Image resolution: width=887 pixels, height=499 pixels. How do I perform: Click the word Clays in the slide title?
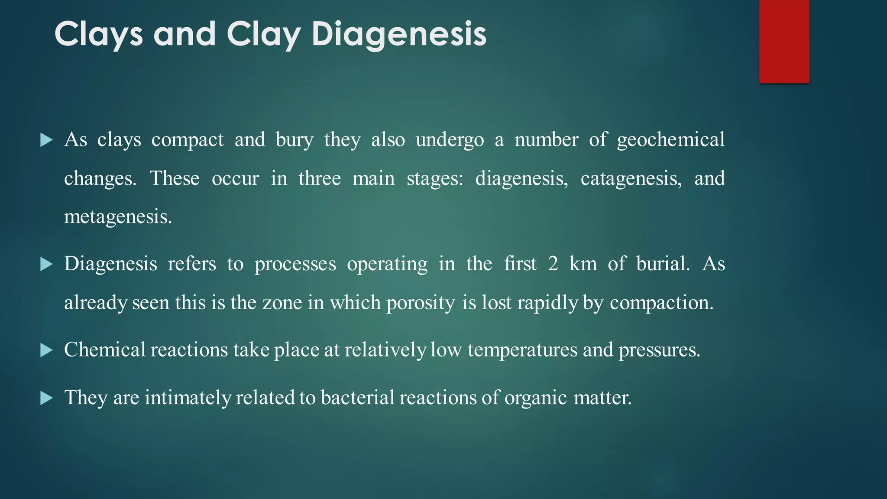click(x=98, y=34)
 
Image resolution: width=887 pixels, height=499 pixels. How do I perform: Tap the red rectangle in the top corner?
click(x=784, y=41)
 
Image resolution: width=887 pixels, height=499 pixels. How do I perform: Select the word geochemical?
click(x=670, y=140)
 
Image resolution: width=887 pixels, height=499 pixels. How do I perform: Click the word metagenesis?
click(x=118, y=217)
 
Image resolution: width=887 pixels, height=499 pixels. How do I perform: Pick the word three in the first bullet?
click(x=320, y=178)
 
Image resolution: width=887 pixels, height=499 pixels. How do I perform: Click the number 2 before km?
click(x=553, y=264)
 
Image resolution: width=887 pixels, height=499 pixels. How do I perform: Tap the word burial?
click(x=663, y=264)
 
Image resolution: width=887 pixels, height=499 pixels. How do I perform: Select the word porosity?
click(x=421, y=303)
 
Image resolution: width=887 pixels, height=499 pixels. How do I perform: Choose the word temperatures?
click(x=522, y=350)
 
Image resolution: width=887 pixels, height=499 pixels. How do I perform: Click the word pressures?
click(x=659, y=350)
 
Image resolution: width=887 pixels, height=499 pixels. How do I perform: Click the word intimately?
click(x=188, y=398)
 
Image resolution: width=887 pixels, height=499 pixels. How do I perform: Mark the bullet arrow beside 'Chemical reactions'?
click(x=46, y=350)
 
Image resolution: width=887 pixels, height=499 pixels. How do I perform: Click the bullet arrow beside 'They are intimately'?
click(x=46, y=398)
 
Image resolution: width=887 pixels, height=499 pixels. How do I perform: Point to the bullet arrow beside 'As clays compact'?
click(x=46, y=140)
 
